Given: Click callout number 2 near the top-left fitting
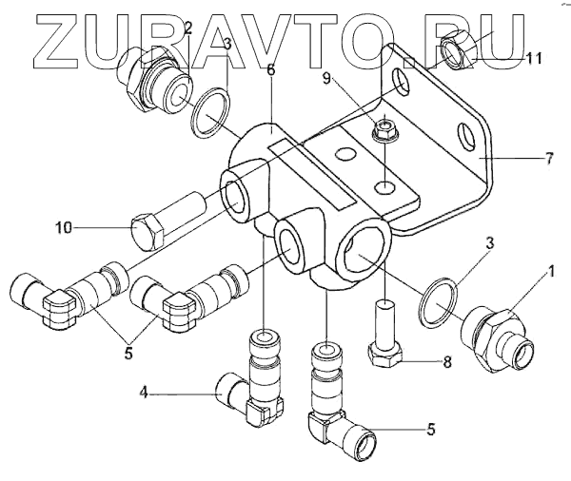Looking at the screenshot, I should point(187,28).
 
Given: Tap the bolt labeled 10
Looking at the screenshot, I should point(168,218).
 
